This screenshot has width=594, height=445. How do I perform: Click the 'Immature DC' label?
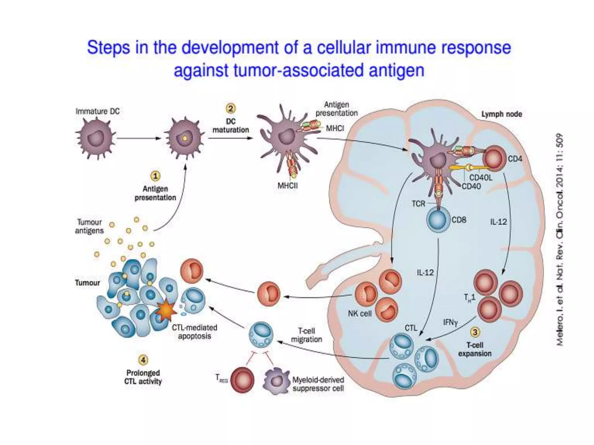97,112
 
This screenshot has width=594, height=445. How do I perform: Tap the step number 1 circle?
155,176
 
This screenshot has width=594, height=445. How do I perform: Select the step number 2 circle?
231,109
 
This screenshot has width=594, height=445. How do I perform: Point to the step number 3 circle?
475,332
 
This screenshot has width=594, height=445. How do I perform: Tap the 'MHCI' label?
335,128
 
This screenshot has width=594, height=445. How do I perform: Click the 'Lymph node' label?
501,114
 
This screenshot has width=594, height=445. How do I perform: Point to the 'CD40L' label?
481,178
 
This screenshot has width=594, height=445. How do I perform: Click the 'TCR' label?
418,204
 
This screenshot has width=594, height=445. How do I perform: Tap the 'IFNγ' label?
450,322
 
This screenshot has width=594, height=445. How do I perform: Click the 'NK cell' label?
360,313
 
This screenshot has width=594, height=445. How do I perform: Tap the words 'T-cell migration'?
306,335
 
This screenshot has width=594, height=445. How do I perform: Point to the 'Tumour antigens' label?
89,227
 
